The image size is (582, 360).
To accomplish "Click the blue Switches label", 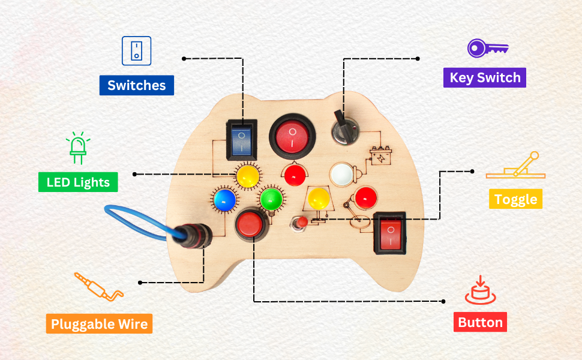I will click(136, 85).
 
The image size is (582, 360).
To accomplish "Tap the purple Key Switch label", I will click(484, 78).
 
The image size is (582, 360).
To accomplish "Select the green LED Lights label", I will click(78, 182).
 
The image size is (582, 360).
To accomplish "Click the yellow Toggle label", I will click(515, 199).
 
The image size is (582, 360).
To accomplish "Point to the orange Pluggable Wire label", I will click(99, 324).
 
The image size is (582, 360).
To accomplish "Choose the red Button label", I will click(480, 322).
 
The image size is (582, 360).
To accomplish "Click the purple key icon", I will click(488, 48).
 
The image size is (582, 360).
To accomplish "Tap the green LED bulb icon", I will click(77, 148).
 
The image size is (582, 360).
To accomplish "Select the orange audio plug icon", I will click(98, 287).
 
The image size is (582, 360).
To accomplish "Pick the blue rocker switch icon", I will click(137, 50).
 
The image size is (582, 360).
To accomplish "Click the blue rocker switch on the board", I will click(242, 139).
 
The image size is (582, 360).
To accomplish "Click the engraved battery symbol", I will click(380, 157).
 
